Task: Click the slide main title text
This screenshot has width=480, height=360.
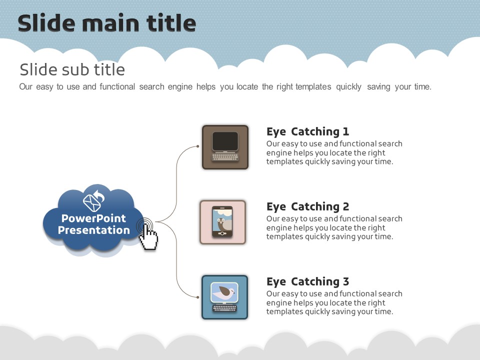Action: (106, 23)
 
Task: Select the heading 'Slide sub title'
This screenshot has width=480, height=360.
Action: (72, 69)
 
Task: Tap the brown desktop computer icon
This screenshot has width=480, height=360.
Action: (225, 147)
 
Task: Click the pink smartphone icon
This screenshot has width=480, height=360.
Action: (222, 222)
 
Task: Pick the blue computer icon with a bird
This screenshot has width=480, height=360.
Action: (225, 297)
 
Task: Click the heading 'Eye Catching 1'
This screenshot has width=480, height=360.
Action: (307, 131)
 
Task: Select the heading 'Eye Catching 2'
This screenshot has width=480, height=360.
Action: (307, 206)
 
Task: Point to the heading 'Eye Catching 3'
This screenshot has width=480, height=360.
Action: (307, 281)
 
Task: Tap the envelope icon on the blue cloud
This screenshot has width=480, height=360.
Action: (92, 200)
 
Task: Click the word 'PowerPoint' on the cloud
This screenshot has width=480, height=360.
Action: (93, 218)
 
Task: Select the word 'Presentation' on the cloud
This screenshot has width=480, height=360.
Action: (93, 230)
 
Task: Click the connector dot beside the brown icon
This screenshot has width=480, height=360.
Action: (198, 146)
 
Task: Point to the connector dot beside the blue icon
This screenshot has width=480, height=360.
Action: (198, 297)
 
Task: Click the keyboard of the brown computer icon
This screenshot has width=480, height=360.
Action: (225, 157)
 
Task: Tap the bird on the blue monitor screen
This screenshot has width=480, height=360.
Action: (225, 291)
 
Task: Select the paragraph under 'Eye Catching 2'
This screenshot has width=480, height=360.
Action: (334, 227)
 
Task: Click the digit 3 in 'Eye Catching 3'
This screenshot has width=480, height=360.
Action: (345, 281)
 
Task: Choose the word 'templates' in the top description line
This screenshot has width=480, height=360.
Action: (313, 86)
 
